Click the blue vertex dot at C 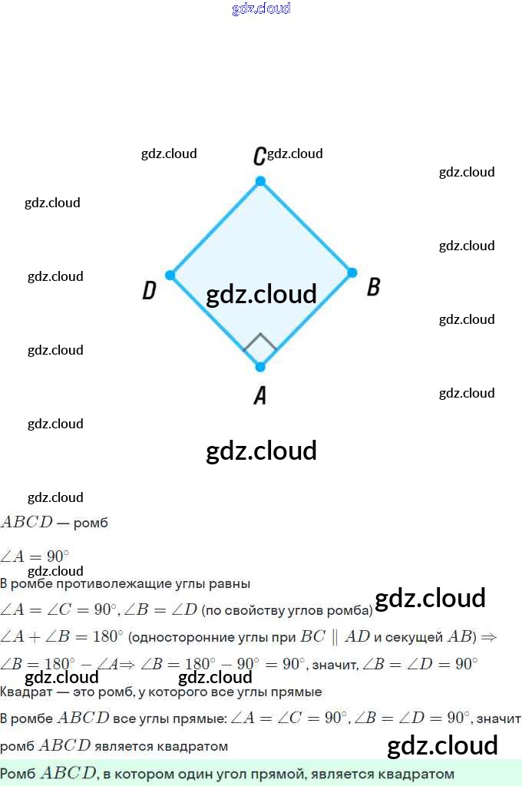(x=260, y=181)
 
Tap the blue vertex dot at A (x=260, y=367)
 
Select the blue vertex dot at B (x=352, y=272)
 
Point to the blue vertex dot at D (x=170, y=275)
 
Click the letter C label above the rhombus (x=259, y=157)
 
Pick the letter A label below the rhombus (x=260, y=395)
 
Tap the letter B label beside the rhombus (x=374, y=287)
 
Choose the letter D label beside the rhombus (x=150, y=290)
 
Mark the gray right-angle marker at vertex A (x=260, y=343)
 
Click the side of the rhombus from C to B (x=306, y=226)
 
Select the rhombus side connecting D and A (x=215, y=321)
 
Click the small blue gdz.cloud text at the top (x=261, y=9)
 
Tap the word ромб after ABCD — (x=91, y=523)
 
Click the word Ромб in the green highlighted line (x=18, y=774)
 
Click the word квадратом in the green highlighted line (x=422, y=774)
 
